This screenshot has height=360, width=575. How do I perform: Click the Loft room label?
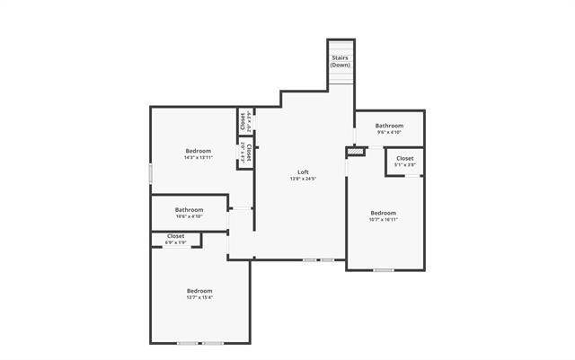pos(305,172)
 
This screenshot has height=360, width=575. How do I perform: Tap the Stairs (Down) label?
pos(341,62)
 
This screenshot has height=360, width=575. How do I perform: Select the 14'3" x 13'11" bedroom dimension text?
pos(198,158)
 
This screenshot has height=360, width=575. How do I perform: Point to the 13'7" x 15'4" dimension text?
pos(199,298)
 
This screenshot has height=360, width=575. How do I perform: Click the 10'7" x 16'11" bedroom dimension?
pos(383,219)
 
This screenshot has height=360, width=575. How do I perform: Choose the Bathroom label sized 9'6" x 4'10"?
pos(389,126)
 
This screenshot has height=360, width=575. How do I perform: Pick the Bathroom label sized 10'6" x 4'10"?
pos(189,210)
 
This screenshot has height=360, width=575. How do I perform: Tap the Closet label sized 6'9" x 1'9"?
pos(175,236)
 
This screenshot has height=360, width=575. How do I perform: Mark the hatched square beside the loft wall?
pos(357,152)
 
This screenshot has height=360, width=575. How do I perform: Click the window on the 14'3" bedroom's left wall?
pos(150,173)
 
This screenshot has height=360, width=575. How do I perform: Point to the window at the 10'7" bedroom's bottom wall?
pos(384,269)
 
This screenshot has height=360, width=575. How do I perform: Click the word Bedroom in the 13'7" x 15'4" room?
pos(199,291)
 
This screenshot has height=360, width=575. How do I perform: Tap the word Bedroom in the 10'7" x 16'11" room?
pos(384,213)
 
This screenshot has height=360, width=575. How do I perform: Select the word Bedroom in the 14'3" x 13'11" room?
pos(199,150)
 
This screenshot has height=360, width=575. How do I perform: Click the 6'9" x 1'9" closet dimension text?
pos(175,242)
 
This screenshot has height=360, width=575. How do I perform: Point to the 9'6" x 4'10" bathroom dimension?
pos(389,133)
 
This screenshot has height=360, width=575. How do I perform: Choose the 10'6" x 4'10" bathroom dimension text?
pos(189,216)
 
